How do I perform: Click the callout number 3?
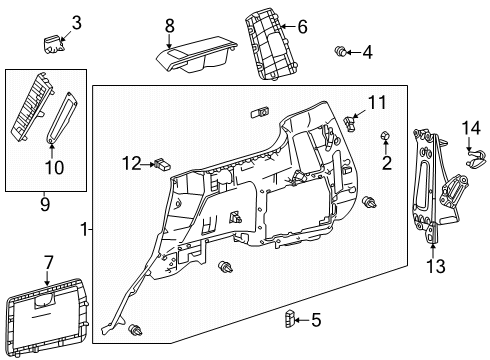pos(76,22)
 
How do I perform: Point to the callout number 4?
pos(367,51)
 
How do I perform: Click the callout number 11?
pos(376,103)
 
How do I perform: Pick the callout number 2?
pos(387,162)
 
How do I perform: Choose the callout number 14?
pos(471,126)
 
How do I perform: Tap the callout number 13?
pos(434,266)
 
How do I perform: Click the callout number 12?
pos(132,162)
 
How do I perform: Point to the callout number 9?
pos(44,206)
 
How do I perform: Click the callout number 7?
pos(47,262)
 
